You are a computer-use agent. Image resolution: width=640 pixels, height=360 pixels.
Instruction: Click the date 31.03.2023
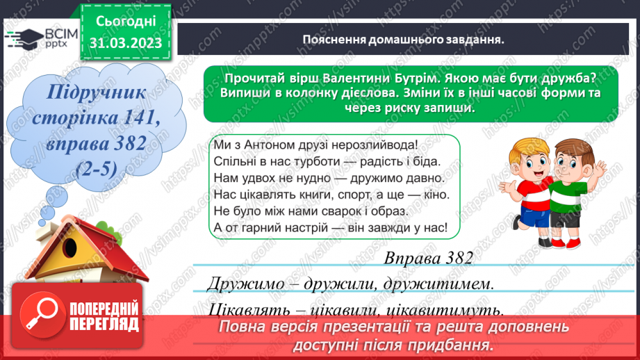pos(125,43)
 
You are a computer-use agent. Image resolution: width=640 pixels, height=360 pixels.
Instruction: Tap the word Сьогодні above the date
pos(125,23)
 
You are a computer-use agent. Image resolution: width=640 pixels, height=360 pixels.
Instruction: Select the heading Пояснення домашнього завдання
pos(403,39)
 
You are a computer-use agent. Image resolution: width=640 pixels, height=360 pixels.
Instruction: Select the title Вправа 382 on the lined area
pos(427,259)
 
